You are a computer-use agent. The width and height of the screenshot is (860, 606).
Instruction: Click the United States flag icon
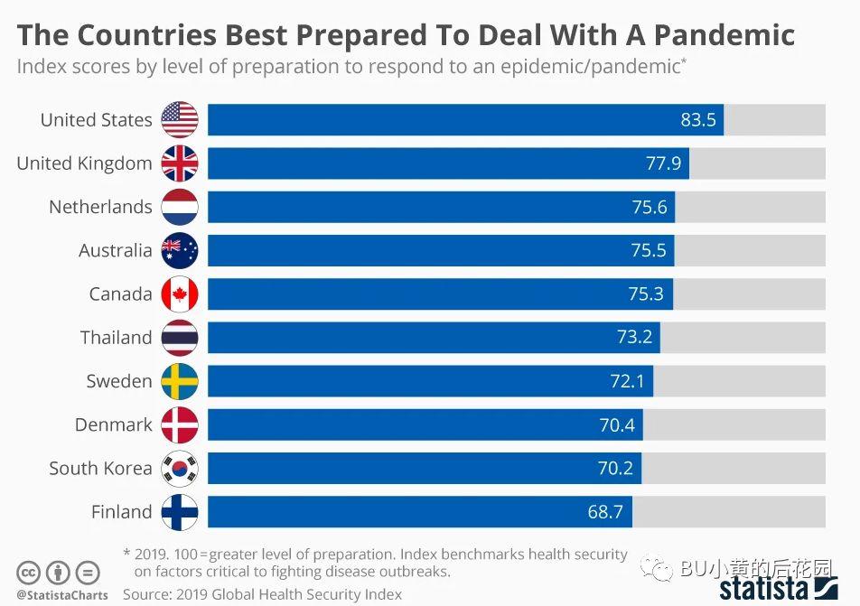[x=179, y=119]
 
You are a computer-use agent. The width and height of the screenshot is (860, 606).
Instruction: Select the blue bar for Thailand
[x=434, y=338]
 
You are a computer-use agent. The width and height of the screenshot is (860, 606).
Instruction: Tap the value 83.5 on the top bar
[x=697, y=120]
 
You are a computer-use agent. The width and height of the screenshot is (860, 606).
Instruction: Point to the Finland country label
[x=121, y=512]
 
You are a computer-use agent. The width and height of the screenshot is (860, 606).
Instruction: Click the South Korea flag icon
[x=179, y=469]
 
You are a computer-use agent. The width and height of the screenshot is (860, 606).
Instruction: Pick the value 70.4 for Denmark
[x=617, y=424]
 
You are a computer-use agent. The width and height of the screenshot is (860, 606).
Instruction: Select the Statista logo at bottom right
[x=778, y=589]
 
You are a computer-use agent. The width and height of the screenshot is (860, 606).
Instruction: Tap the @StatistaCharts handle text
[x=62, y=595]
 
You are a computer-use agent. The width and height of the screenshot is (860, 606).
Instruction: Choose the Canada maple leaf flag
[x=179, y=294]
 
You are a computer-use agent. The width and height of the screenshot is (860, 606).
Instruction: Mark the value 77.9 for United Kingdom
[x=663, y=163]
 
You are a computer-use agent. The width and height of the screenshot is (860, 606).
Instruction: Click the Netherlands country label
[x=100, y=207]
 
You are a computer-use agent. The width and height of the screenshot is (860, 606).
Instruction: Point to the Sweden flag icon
[x=179, y=381]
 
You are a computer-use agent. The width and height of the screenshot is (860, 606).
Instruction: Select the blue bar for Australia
[x=441, y=250]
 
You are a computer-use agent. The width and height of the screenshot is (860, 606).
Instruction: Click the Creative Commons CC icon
[x=29, y=573]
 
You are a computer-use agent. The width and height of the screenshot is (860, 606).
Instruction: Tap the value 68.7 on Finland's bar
[x=605, y=512]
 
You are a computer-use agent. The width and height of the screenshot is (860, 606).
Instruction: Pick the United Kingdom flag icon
[x=179, y=163]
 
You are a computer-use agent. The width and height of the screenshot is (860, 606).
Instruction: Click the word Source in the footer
[x=145, y=594]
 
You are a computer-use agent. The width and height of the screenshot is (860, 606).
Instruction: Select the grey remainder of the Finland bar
[x=728, y=512]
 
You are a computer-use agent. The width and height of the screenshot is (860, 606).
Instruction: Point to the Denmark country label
[x=114, y=424]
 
